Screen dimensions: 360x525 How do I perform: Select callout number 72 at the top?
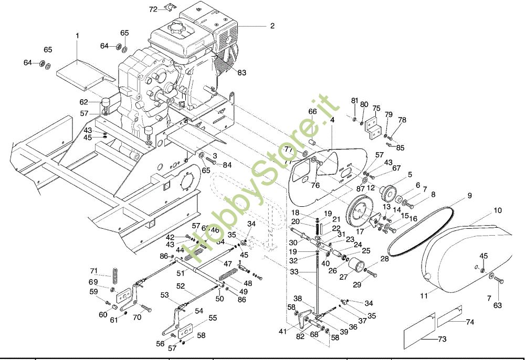tap(153, 9)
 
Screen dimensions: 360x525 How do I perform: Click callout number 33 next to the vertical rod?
tap(294, 272)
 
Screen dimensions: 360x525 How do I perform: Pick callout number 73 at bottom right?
tap(442, 339)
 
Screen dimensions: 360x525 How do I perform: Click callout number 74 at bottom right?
tap(470, 321)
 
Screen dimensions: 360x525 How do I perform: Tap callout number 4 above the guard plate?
tap(332, 120)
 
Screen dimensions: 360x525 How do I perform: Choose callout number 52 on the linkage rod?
tap(181, 286)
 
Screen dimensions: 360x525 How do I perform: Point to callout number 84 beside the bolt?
tap(227, 165)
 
